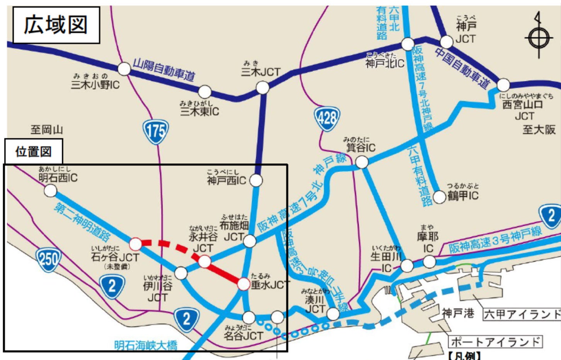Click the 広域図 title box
(x=56, y=25)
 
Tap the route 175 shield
(x=156, y=132)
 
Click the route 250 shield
(x=48, y=259)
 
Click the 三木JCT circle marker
(x=262, y=88)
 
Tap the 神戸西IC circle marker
(x=256, y=180)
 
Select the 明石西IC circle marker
(x=50, y=190)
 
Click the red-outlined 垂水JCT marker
(x=243, y=284)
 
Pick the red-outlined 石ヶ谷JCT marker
(x=135, y=244)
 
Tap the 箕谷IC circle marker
(x=362, y=162)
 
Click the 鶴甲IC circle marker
(x=439, y=197)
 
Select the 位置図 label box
(x=34, y=152)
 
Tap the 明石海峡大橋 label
(x=146, y=345)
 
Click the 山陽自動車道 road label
(x=164, y=70)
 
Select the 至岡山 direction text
(x=46, y=130)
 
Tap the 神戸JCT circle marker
(x=446, y=41)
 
